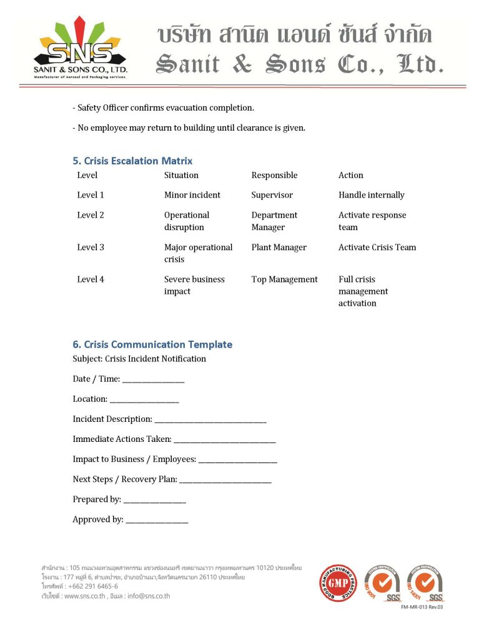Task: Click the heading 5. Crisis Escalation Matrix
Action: pos(132,161)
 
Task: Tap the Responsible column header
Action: pos(274,176)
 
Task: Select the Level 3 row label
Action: pos(91,247)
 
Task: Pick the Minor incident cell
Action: pos(192,195)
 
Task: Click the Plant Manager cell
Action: pos(279,247)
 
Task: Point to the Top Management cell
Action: pos(284,279)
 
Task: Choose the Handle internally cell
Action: pos(371,195)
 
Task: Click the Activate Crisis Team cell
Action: pos(377,247)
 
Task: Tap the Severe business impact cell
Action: pos(194,285)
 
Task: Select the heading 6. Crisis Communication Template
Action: pos(152,344)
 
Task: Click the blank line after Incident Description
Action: pos(210,421)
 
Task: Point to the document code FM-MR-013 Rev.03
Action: pos(422,607)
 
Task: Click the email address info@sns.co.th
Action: pos(147,596)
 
